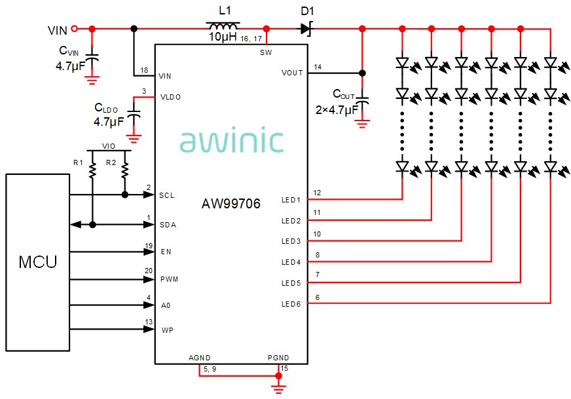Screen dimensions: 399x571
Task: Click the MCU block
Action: click(x=37, y=263)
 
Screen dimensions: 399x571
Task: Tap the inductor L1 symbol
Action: click(x=223, y=28)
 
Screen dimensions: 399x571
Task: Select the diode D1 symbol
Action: click(x=306, y=29)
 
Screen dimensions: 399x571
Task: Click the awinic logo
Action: click(x=232, y=141)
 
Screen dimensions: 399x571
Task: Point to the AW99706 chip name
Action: click(x=230, y=204)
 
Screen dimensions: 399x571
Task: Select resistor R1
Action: click(x=93, y=172)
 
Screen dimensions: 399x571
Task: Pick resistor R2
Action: click(x=124, y=172)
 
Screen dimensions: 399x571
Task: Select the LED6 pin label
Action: click(x=291, y=304)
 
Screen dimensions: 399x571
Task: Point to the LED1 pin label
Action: click(x=291, y=200)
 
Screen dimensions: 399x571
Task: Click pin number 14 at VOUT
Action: click(x=318, y=67)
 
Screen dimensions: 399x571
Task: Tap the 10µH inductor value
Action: click(x=222, y=38)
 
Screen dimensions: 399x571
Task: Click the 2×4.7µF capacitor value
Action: click(x=336, y=109)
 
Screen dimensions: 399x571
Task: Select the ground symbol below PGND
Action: click(x=279, y=390)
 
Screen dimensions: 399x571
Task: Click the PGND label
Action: click(x=278, y=358)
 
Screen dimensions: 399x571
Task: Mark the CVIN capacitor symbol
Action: click(x=92, y=60)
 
